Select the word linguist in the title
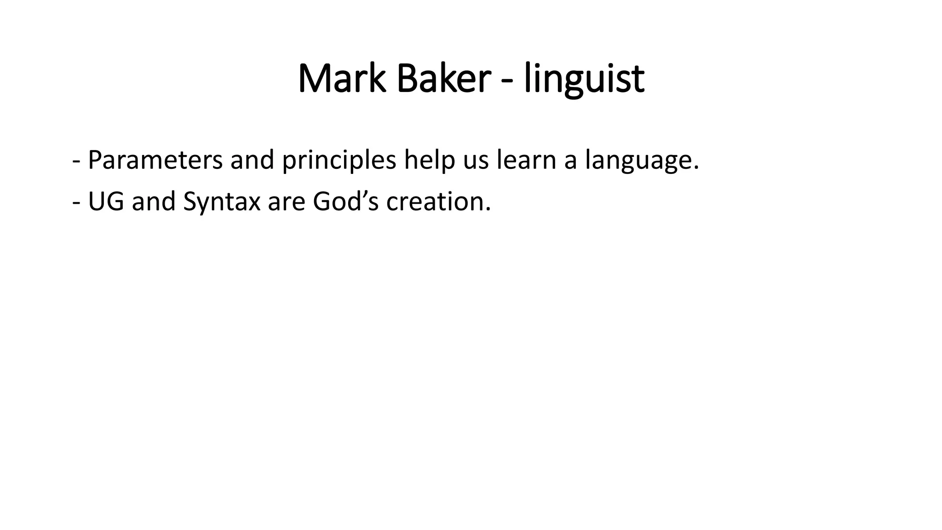584,79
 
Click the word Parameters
155,160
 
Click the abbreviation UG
106,202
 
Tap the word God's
345,202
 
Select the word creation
438,202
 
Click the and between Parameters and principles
252,160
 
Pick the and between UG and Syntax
154,202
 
